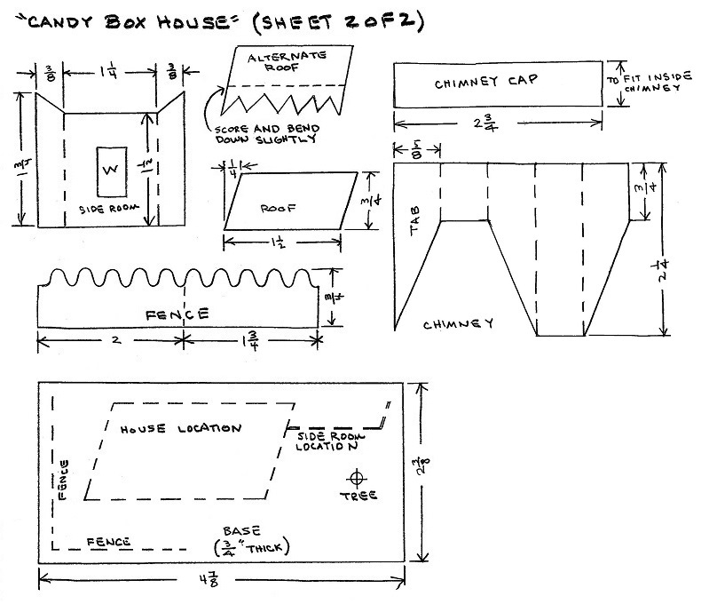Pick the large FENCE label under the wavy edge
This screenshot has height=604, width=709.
point(178,314)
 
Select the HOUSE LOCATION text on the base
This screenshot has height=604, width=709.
point(180,428)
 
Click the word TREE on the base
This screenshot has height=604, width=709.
point(357,495)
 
